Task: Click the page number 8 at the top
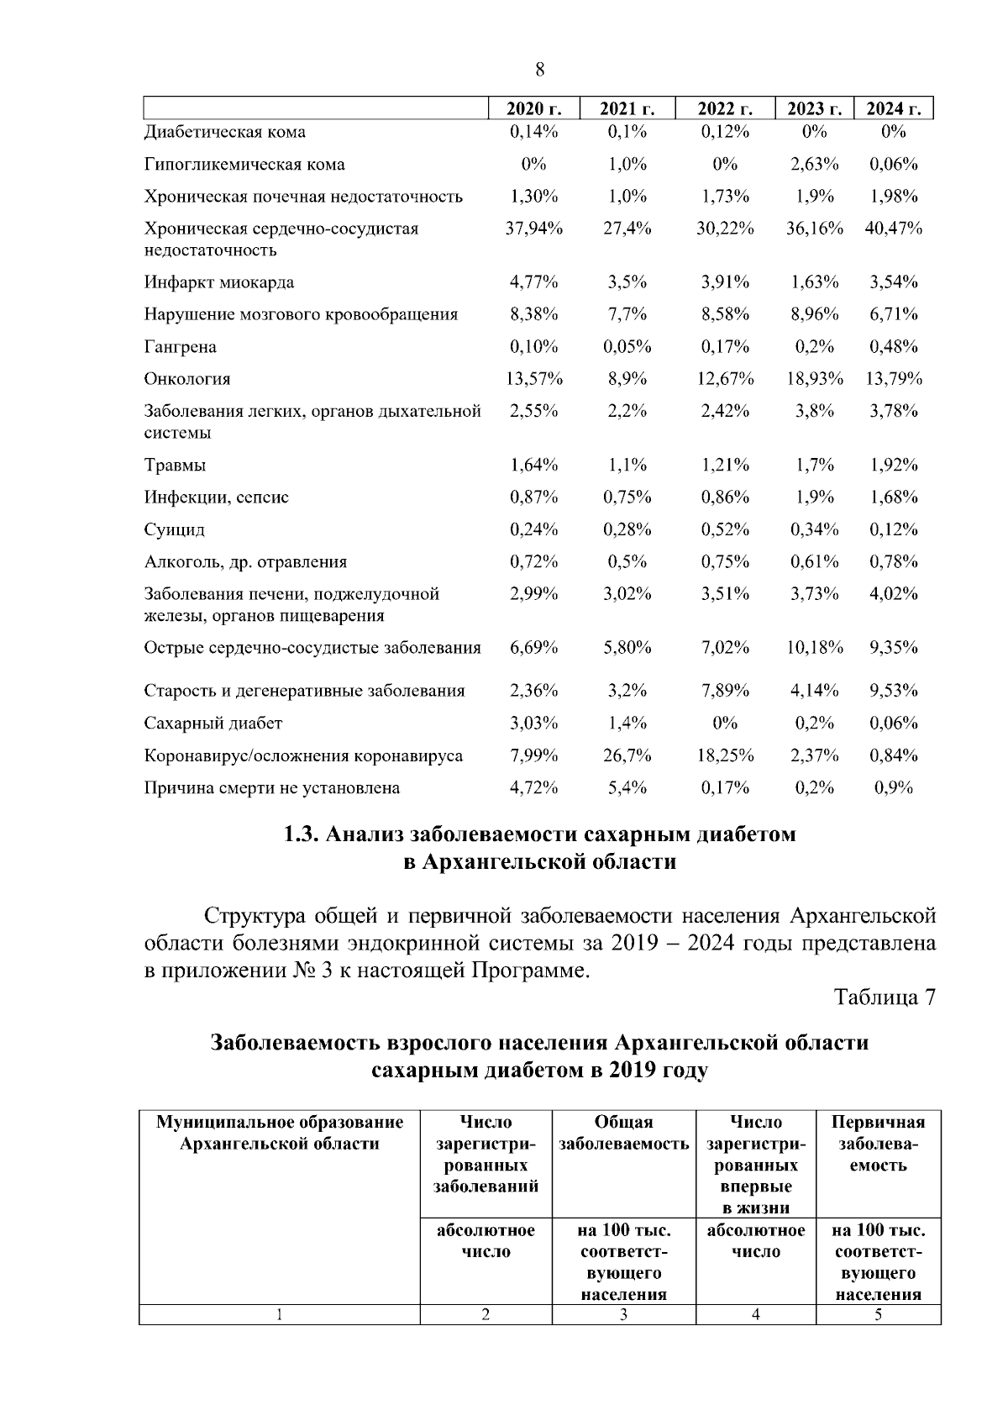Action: click(539, 71)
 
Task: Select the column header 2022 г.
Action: click(724, 110)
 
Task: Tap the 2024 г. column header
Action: click(894, 110)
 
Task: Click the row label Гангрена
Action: click(180, 347)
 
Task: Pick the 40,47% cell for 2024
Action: click(894, 229)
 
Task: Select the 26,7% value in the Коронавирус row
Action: click(627, 756)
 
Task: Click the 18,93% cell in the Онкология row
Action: click(814, 379)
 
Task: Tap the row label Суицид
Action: click(174, 530)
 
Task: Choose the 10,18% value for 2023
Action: click(814, 648)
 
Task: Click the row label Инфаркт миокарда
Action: click(218, 282)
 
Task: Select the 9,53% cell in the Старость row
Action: click(894, 692)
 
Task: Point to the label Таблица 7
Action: click(885, 997)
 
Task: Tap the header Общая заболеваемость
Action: click(623, 1134)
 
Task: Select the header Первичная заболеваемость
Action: click(878, 1144)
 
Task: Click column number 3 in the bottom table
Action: click(623, 1316)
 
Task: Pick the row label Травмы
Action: click(175, 466)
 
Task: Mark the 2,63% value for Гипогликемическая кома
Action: click(814, 165)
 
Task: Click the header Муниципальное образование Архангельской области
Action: click(280, 1134)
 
